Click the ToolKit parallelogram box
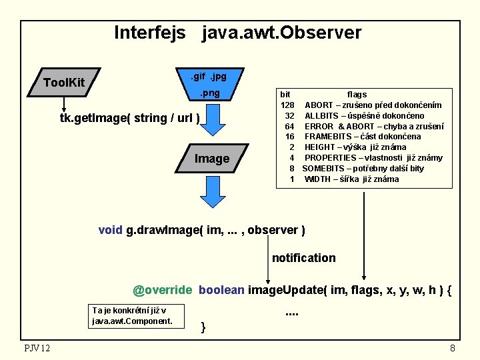[x=64, y=82]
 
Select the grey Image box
[x=211, y=159]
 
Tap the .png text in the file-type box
[x=210, y=93]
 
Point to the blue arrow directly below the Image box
[x=211, y=193]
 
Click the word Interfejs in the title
[x=150, y=33]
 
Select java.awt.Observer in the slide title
[x=281, y=33]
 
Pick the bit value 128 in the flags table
[x=287, y=105]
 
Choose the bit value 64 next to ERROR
[x=289, y=127]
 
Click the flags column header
[x=357, y=95]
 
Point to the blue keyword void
[x=110, y=230]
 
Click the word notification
[x=303, y=258]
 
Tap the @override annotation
[x=162, y=291]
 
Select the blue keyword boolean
[x=221, y=291]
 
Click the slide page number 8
[x=453, y=348]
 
